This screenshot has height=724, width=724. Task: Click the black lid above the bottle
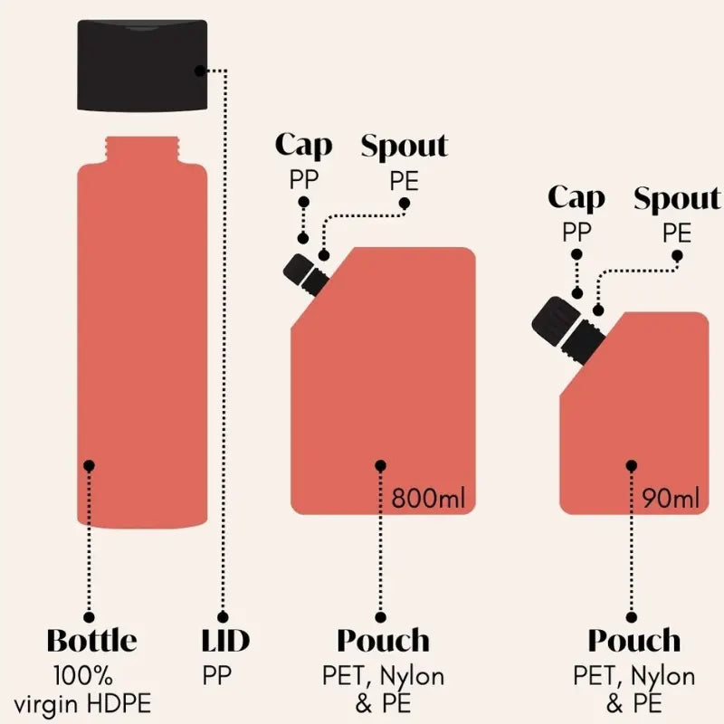point(142,65)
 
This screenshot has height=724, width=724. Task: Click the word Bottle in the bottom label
point(92,640)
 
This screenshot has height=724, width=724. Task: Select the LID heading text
point(225,640)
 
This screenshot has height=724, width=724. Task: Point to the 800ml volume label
point(428,499)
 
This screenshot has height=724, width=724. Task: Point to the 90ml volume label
point(671,499)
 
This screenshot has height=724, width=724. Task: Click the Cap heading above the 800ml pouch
point(304,146)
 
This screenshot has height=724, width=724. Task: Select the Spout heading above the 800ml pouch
point(405,147)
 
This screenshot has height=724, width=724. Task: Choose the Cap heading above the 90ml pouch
point(576,197)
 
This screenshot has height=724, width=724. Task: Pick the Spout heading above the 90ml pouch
point(677,198)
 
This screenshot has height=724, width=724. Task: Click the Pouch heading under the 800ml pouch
point(383,641)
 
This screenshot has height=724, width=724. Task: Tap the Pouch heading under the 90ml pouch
point(634,641)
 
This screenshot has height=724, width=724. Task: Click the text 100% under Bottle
point(83,675)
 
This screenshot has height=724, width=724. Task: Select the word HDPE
point(119,704)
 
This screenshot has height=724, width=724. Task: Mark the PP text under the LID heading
point(216,675)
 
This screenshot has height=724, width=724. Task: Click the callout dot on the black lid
point(200,71)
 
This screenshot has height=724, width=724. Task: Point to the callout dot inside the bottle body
point(89,465)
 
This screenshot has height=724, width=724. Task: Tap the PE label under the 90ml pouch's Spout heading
point(677,233)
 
